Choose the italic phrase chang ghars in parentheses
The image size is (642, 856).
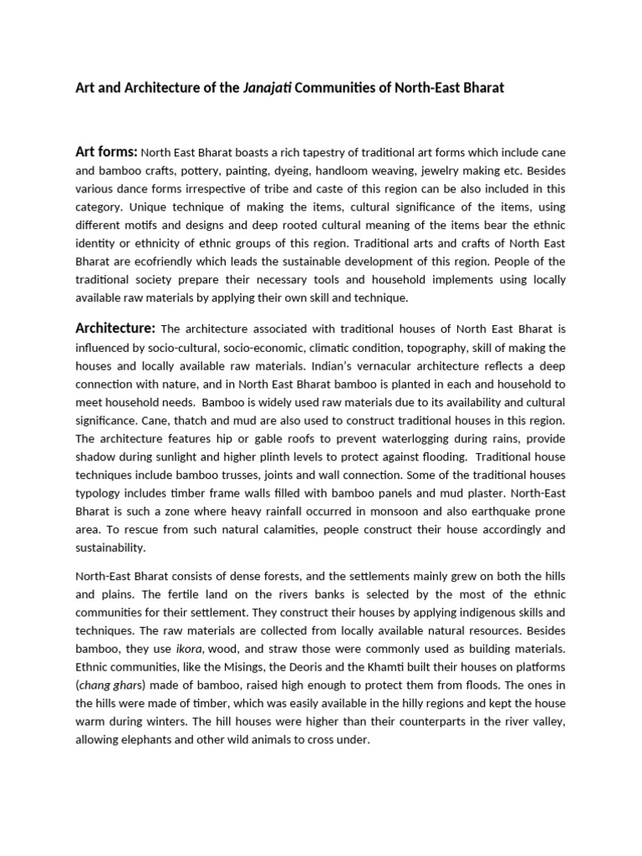pyautogui.click(x=106, y=685)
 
